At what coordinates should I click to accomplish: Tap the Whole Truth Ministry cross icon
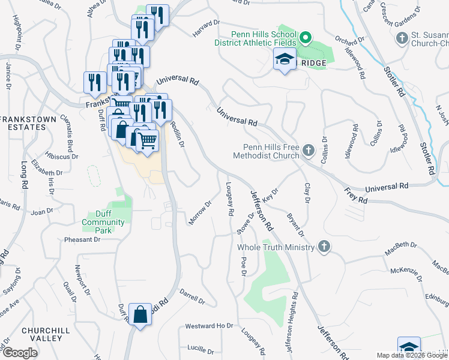pyautogui.click(x=324, y=247)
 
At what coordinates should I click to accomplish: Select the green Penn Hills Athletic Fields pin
pyautogui.click(x=305, y=40)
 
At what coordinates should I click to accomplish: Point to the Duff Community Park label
pyautogui.click(x=110, y=218)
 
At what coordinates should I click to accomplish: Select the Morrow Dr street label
pyautogui.click(x=200, y=213)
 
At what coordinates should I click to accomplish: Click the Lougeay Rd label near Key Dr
pyautogui.click(x=230, y=200)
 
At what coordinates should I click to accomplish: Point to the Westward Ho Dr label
pyautogui.click(x=209, y=326)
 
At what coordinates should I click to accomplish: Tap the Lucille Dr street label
pyautogui.click(x=200, y=348)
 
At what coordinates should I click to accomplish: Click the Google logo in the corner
pyautogui.click(x=20, y=353)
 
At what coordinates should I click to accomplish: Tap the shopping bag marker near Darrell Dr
pyautogui.click(x=140, y=314)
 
